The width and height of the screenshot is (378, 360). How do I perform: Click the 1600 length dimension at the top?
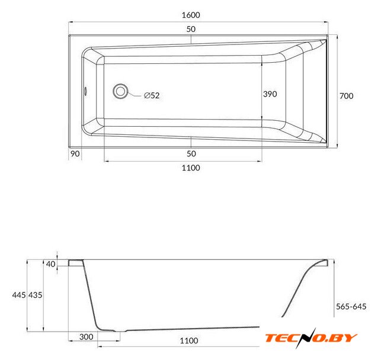point(191,15)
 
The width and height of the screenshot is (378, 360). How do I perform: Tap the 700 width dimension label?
point(347,96)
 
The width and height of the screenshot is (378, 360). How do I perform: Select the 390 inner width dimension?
point(270,94)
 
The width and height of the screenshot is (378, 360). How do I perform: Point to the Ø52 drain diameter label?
point(152,95)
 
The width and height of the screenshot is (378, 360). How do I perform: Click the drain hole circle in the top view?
point(120,91)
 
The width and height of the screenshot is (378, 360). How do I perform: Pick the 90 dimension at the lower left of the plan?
point(75,154)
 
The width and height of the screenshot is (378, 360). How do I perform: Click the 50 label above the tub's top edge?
point(191,29)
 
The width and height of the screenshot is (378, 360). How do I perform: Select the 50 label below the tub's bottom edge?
point(191,154)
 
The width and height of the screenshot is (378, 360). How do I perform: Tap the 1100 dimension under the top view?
point(191,168)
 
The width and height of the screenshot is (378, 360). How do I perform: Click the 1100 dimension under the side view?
point(189,340)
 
